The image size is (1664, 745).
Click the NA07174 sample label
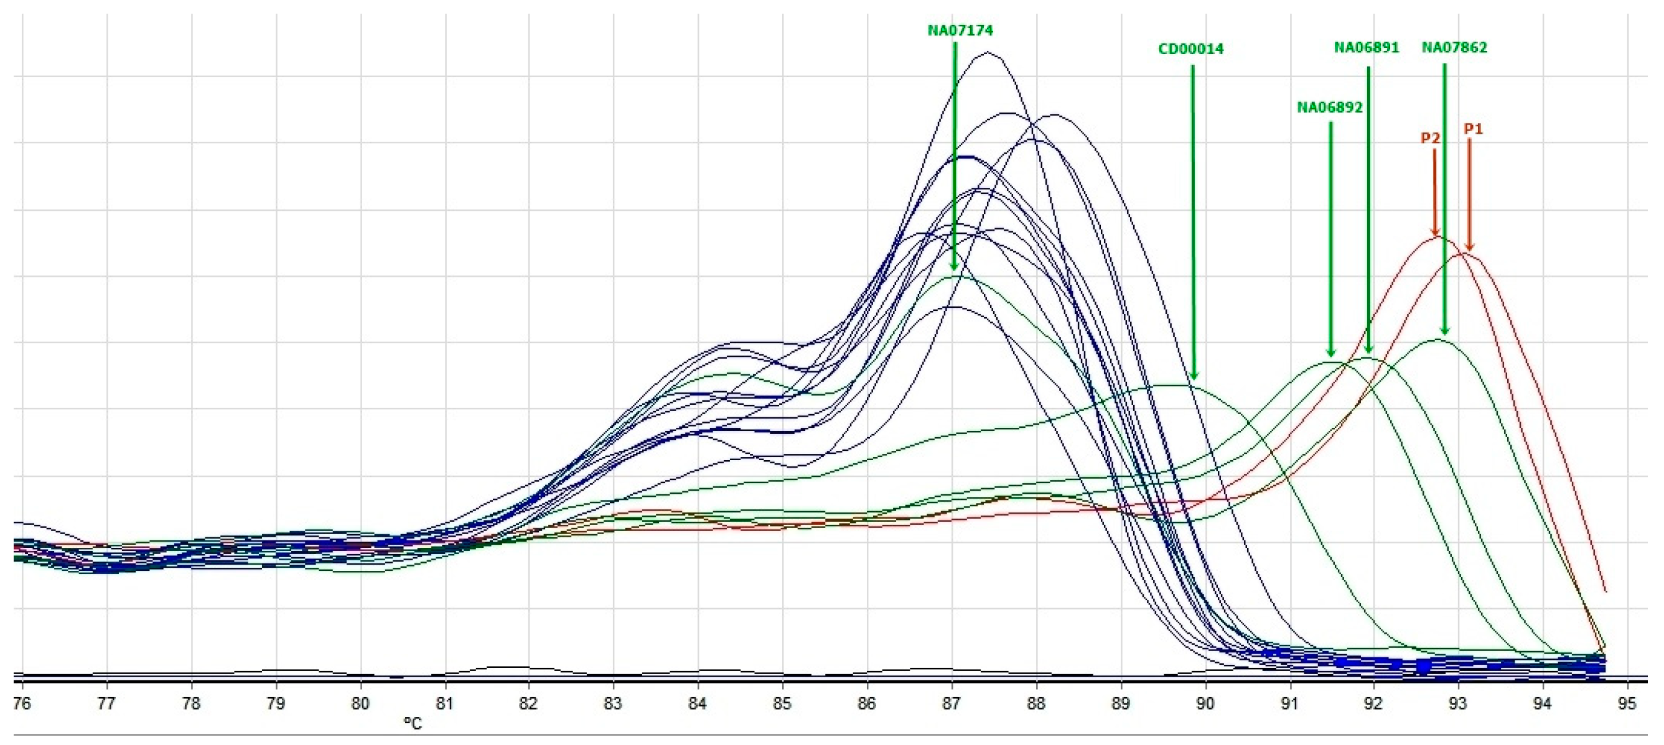pos(960,30)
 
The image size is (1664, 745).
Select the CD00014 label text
pos(1190,49)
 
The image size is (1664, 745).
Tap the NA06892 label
pos(1329,108)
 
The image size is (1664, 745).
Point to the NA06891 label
pos(1366,48)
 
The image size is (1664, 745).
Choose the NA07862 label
pos(1454,48)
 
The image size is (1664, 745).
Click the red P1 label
pos(1473,129)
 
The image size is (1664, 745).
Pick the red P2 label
pos(1430,138)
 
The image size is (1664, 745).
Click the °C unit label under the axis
pos(412,724)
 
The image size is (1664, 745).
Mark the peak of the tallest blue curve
pos(987,53)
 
